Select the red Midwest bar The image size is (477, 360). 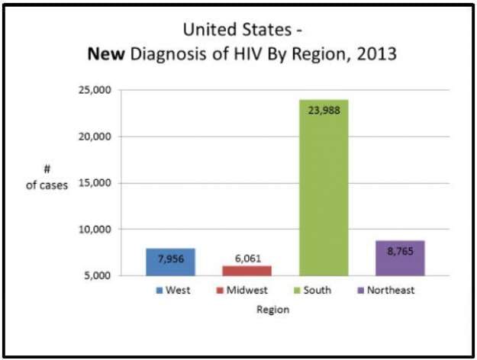247,270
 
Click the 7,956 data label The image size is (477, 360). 170,259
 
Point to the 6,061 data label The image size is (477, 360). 247,259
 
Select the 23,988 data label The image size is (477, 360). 324,110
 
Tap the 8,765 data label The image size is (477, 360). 400,251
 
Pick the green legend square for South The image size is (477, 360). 296,291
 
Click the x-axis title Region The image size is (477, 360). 272,310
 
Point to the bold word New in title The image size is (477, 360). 106,55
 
